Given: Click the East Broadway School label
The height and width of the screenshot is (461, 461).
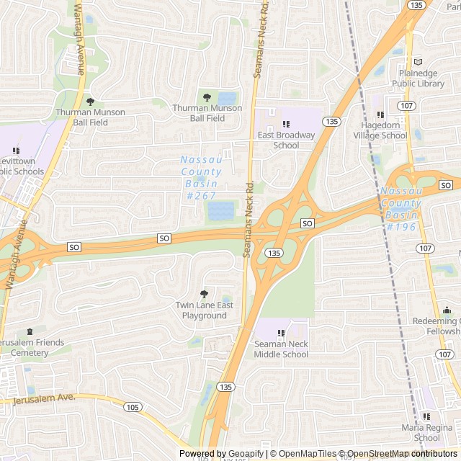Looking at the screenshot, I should coord(286,140).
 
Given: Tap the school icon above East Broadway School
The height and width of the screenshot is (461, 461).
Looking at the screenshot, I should coord(286,124).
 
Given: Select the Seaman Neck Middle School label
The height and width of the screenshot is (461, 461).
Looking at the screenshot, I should coord(281,349).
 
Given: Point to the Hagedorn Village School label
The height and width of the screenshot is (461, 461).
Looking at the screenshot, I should coord(384,130).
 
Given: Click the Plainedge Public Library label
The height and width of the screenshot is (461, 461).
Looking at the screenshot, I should coord(418,79).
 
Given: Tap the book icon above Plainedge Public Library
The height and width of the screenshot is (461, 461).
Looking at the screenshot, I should coord(418,63).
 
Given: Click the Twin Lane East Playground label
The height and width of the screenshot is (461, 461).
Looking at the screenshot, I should coord(205,310).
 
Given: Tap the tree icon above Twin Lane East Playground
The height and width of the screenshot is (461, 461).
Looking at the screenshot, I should coord(205,294).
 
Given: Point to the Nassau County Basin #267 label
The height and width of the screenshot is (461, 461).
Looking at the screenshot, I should coord(201,177).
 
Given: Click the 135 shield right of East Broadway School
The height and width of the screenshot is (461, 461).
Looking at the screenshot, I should coord(331,121).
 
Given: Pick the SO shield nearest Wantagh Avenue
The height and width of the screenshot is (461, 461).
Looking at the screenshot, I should coord(74,247).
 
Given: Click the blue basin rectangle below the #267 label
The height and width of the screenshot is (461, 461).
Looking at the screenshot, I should coord(220,211).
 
